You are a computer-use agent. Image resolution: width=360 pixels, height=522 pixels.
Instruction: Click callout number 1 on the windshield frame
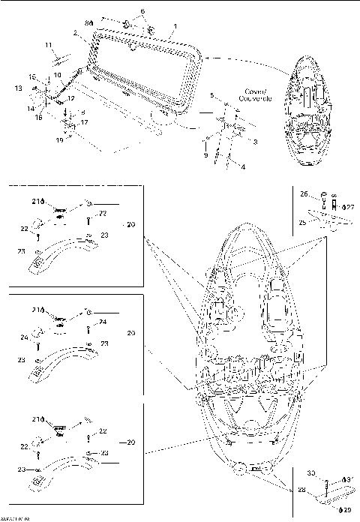[x=174, y=25]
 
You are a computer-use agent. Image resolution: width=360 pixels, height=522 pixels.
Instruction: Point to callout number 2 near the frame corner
[x=75, y=34]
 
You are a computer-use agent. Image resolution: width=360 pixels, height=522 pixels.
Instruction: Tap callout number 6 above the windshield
[x=142, y=12]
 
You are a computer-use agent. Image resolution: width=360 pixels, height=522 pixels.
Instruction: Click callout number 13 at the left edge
[x=18, y=88]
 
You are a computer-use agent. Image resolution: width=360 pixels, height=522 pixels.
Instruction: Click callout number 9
[x=205, y=154]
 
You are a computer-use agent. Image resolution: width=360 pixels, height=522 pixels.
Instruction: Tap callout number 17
[x=84, y=122]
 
